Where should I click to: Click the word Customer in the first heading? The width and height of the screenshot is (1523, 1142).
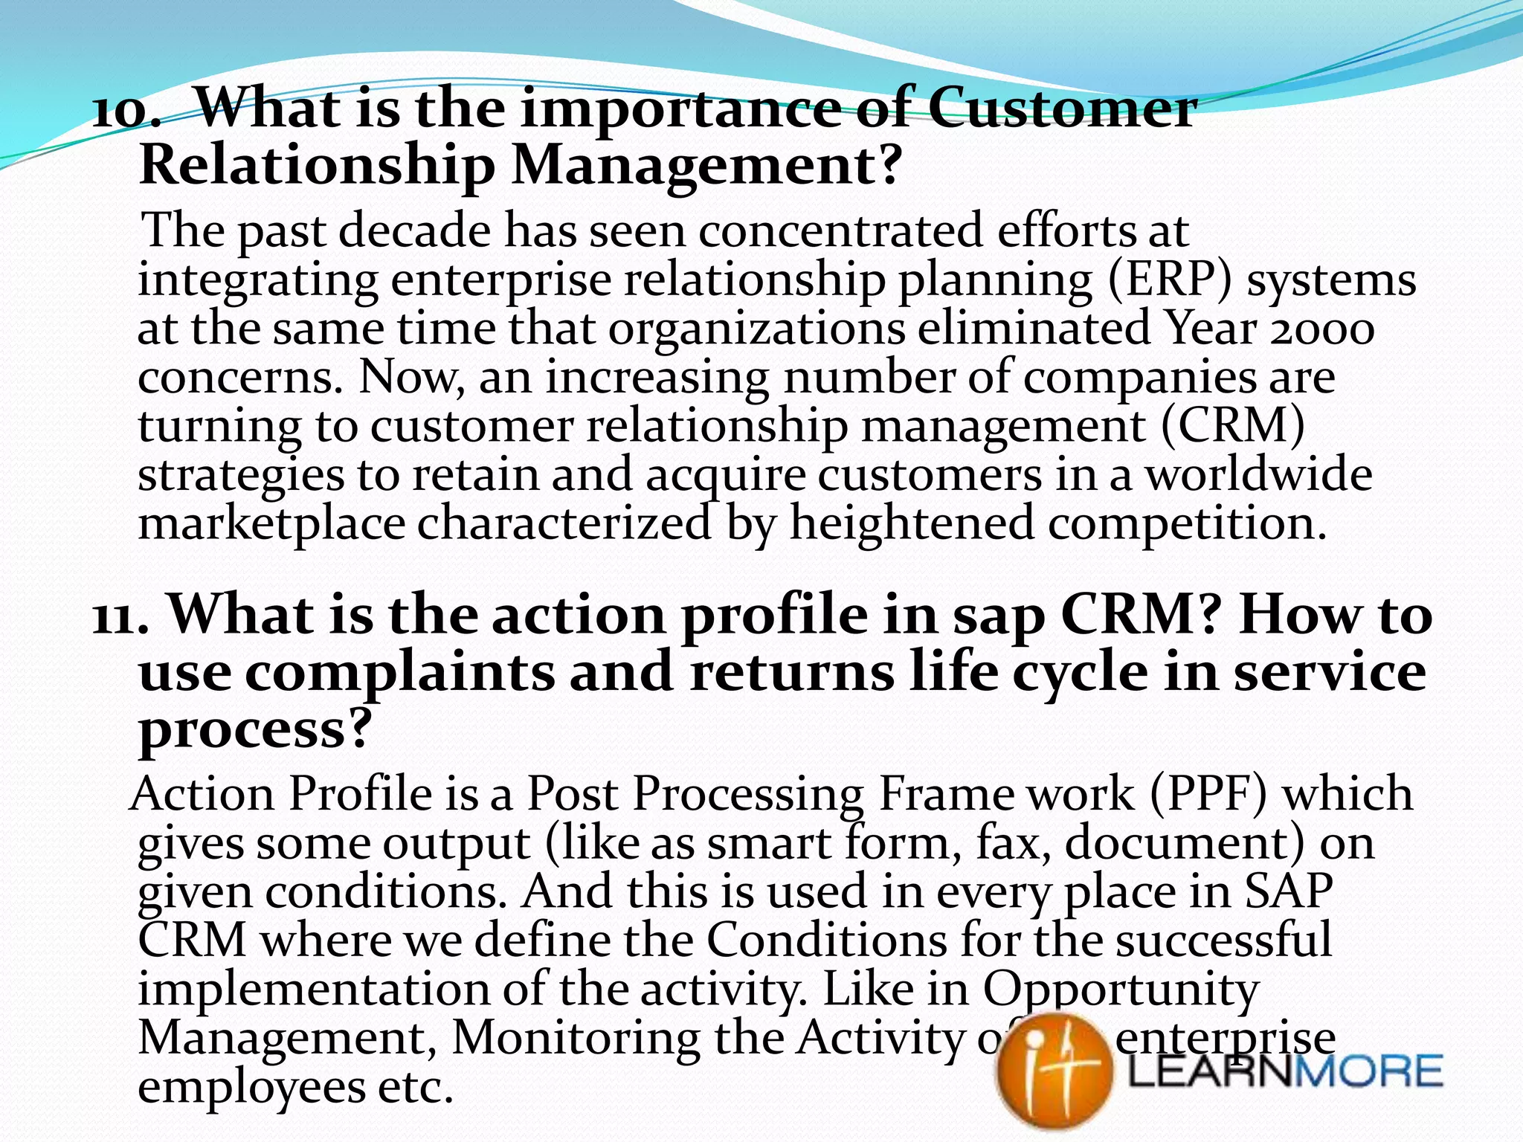pos(1062,109)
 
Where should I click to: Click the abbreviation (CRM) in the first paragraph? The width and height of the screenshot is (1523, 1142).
pos(1231,426)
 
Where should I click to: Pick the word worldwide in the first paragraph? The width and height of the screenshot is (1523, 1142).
pos(1258,475)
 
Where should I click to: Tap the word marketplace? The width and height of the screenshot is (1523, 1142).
pos(271,524)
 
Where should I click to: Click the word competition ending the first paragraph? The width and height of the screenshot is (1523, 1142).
pos(1187,524)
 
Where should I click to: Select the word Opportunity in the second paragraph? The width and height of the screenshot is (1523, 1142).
pos(1121,991)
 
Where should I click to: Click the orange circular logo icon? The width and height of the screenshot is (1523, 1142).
pos(1054,1071)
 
